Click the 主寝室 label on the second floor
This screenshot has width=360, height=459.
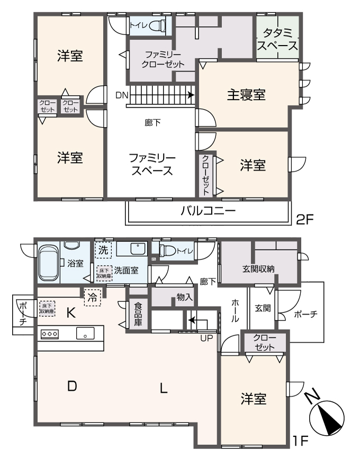coord(246,95)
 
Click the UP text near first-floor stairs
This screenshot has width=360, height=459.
coord(206,338)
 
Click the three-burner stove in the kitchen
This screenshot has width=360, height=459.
coord(49,334)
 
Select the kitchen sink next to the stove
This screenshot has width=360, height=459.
coord(85,334)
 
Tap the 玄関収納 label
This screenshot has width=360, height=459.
coord(259,269)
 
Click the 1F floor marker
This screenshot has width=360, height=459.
coord(301,440)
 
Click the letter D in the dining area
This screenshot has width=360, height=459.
coord(73,387)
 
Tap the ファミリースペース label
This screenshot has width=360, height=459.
coord(152,165)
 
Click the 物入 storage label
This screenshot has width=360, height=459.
coord(184,298)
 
